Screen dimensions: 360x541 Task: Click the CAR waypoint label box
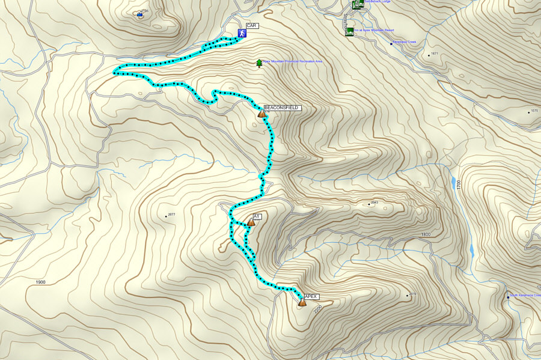pyautogui.click(x=252, y=26)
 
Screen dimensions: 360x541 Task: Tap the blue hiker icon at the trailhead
pyautogui.click(x=241, y=34)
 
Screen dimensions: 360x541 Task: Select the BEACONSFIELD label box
pyautogui.click(x=281, y=108)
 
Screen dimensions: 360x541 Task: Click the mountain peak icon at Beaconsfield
pyautogui.click(x=261, y=113)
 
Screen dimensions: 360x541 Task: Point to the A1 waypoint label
pyautogui.click(x=257, y=216)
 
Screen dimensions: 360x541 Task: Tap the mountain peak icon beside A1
pyautogui.click(x=251, y=222)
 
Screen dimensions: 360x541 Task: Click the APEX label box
pyautogui.click(x=311, y=296)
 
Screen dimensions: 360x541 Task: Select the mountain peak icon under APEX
pyautogui.click(x=302, y=303)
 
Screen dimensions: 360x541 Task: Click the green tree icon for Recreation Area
pyautogui.click(x=259, y=63)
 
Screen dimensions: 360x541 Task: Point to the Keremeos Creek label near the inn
pyautogui.click(x=405, y=42)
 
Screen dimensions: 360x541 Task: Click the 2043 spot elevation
pyautogui.click(x=374, y=204)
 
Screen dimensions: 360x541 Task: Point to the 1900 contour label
pyautogui.click(x=40, y=282)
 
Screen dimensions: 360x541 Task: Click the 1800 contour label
pyautogui.click(x=426, y=234)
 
